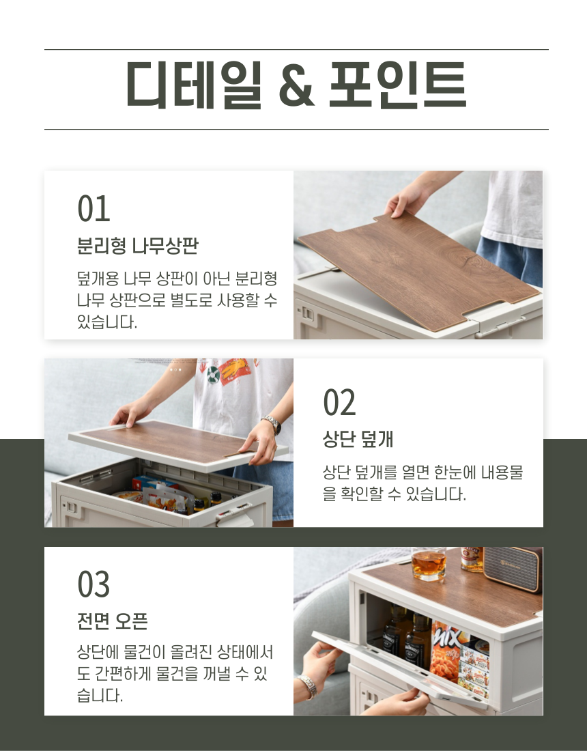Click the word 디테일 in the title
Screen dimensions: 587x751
point(194,84)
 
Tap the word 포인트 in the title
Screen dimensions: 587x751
point(397,84)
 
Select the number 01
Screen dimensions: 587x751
point(94,209)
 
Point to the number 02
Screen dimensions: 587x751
point(339,403)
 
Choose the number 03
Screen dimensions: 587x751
point(94,585)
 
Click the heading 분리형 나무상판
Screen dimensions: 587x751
point(137,246)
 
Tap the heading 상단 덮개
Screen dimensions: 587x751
point(358,439)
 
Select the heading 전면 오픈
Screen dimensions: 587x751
point(113,621)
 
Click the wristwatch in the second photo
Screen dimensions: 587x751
point(272,424)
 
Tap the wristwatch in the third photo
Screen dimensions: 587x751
point(307,686)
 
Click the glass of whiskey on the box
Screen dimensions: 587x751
point(429,564)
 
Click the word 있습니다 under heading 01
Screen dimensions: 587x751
point(107,322)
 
